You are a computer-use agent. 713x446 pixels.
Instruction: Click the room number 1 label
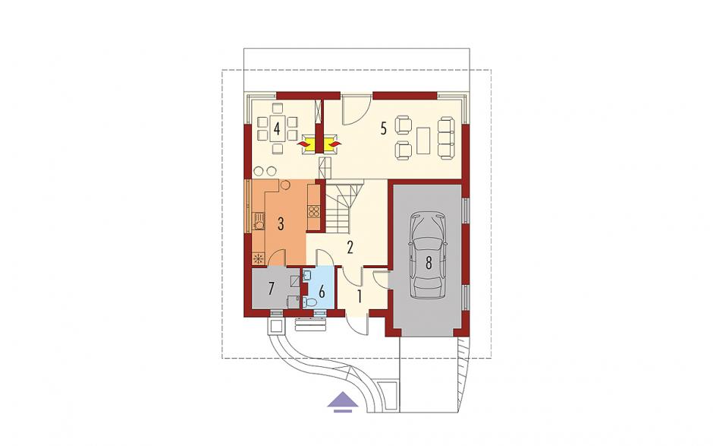coord(360,296)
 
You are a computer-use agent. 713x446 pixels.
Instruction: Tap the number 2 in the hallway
coord(350,248)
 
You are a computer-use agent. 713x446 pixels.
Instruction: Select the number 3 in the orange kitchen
coord(281,223)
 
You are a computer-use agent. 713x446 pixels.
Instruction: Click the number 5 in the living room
coord(383,129)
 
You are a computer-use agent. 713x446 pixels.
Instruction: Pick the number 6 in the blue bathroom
coord(322,291)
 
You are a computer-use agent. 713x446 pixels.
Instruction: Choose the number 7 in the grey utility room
coord(272,288)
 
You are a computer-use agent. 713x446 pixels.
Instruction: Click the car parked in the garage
coord(428,255)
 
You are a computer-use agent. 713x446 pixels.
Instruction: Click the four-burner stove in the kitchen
coord(314,211)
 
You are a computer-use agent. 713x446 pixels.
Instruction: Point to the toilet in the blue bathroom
coord(309,301)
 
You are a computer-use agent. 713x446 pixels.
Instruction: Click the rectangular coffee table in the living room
coord(423,141)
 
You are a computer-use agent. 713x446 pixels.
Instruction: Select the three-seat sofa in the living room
coord(446,138)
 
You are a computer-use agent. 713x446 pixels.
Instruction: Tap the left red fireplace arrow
coord(303,144)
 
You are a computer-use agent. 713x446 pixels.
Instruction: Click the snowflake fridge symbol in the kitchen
coord(259,259)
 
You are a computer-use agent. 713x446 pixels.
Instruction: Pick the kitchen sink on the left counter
coord(259,225)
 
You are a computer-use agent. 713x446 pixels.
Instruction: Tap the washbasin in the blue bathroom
coord(307,275)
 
